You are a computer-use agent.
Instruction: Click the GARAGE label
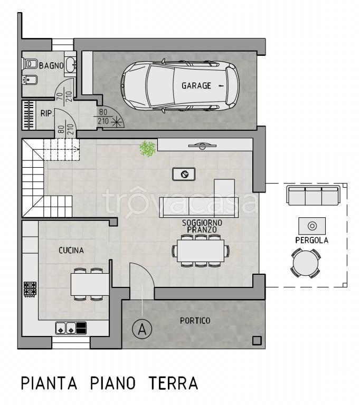[196, 85]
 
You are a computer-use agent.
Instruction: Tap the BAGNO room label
[51, 65]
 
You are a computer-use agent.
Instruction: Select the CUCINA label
[71, 250]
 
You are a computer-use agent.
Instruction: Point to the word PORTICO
[195, 321]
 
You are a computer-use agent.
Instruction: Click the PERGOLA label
[311, 240]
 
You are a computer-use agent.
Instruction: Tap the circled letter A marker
[142, 329]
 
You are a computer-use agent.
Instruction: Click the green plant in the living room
[148, 149]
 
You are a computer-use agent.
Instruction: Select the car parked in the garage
[180, 86]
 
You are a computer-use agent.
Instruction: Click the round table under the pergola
[306, 263]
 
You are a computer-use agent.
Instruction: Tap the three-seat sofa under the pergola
[313, 196]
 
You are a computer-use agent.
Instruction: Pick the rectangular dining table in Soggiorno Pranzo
[201, 251]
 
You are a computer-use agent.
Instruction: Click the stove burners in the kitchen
[30, 289]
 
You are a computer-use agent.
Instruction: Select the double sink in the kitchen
[65, 328]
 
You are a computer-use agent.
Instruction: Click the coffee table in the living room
[184, 174]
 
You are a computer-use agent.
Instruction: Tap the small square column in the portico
[257, 341]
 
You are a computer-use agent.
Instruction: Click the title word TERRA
[174, 383]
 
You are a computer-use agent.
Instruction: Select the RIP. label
[47, 113]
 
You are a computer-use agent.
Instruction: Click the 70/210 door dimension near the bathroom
[64, 97]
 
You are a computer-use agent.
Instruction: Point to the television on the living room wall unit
[202, 146]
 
